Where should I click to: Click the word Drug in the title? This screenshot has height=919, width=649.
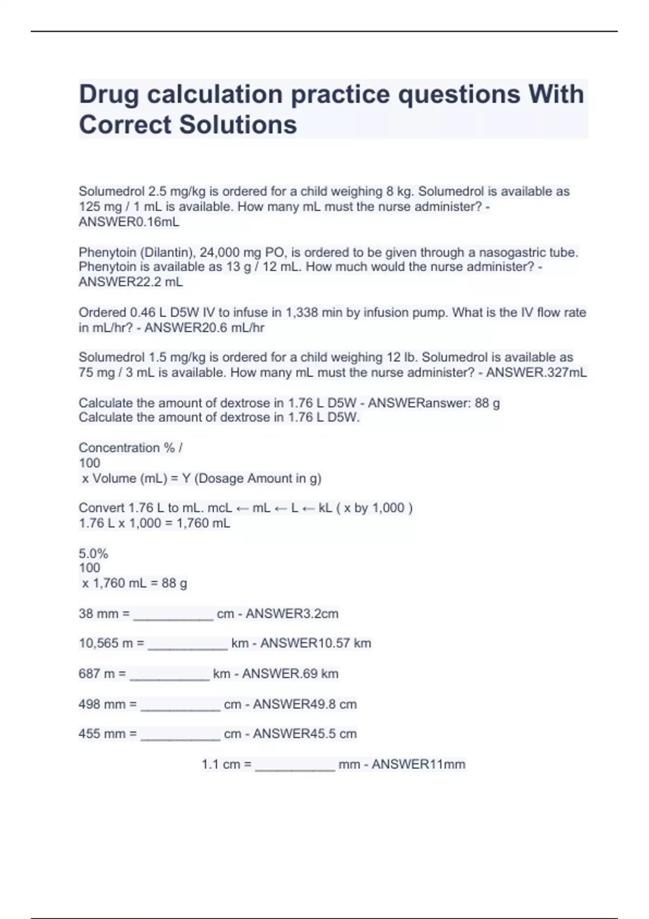pyautogui.click(x=109, y=95)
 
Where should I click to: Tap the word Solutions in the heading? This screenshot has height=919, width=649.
pyautogui.click(x=238, y=125)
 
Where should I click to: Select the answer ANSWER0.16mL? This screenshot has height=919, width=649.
pyautogui.click(x=129, y=222)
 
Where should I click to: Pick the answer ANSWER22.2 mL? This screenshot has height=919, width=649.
pyautogui.click(x=130, y=282)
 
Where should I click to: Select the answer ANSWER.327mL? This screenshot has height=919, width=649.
pyautogui.click(x=536, y=372)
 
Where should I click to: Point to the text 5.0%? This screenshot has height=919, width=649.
pyautogui.click(x=93, y=554)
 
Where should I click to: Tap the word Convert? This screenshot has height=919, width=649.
pyautogui.click(x=101, y=508)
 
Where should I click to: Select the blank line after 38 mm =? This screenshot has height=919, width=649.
pyautogui.click(x=173, y=615)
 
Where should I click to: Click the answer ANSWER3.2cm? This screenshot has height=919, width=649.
pyautogui.click(x=292, y=614)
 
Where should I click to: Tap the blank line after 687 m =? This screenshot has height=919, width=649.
pyautogui.click(x=169, y=675)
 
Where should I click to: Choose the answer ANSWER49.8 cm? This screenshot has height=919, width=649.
pyautogui.click(x=305, y=704)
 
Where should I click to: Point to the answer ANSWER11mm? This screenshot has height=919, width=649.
pyautogui.click(x=418, y=764)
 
